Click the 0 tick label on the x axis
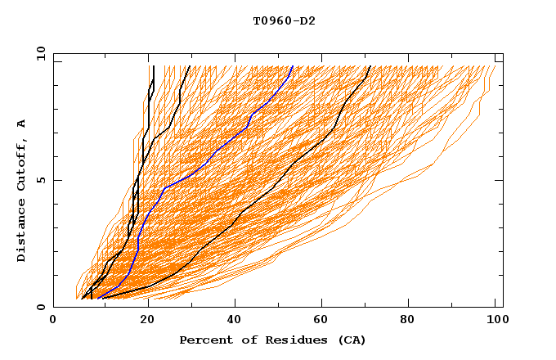[x=53, y=322]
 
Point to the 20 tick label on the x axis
[x=146, y=322]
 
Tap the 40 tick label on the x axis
[x=234, y=322]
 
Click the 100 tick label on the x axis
[x=495, y=322]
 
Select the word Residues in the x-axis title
[x=288, y=340]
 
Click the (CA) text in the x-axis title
[x=352, y=340]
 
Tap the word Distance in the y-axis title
[x=22, y=231]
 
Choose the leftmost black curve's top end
[x=154, y=66]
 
